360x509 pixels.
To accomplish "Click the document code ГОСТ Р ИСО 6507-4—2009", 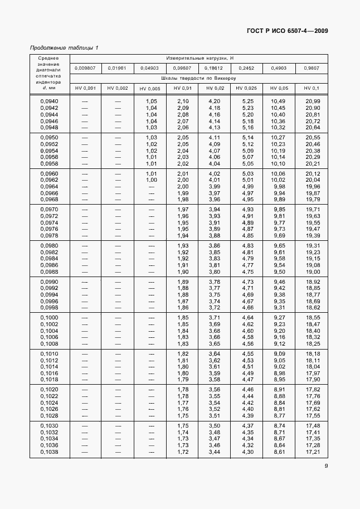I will pos(286,31).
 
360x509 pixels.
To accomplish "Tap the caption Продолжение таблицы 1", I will pos(64,47).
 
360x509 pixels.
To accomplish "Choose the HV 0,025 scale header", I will pos(246,88).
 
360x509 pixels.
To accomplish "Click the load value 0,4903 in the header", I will pos(279,68).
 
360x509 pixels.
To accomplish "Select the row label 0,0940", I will pos(50,101).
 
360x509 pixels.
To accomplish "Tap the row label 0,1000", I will pos(50,317).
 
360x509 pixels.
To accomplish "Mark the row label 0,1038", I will pos(50,452).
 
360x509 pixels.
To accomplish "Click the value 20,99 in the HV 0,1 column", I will pos(312,101).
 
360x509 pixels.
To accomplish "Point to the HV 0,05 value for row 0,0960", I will pos(279,173).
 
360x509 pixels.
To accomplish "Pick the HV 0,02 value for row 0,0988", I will pos(214,272).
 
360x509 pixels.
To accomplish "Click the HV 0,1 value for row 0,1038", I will pos(312,452).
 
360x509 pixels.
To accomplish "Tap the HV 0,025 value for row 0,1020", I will pos(247,390).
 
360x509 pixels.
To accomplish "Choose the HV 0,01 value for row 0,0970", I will pos(183,209).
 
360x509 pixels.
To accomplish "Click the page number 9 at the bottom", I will pos(326,468).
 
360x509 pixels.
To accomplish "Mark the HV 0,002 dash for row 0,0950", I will pos(118,137).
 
